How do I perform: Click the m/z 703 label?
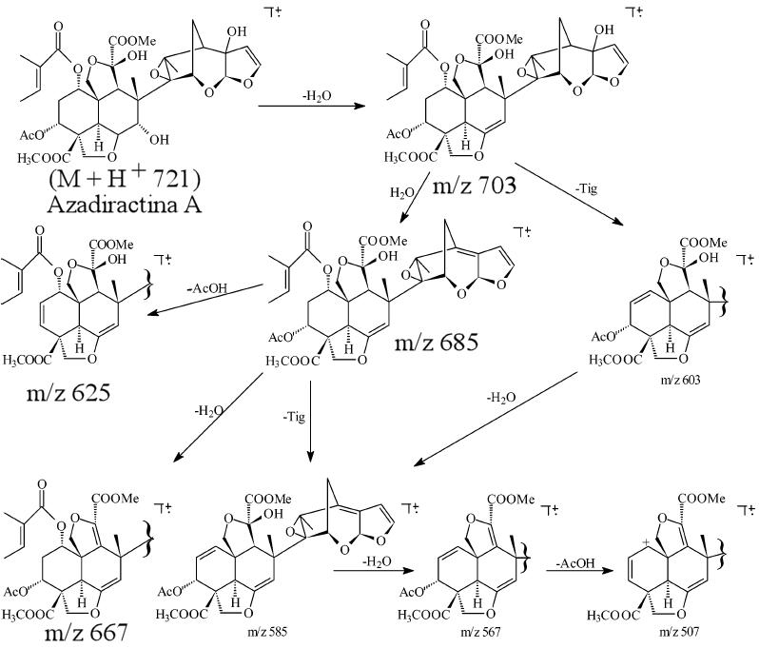(x=477, y=184)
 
